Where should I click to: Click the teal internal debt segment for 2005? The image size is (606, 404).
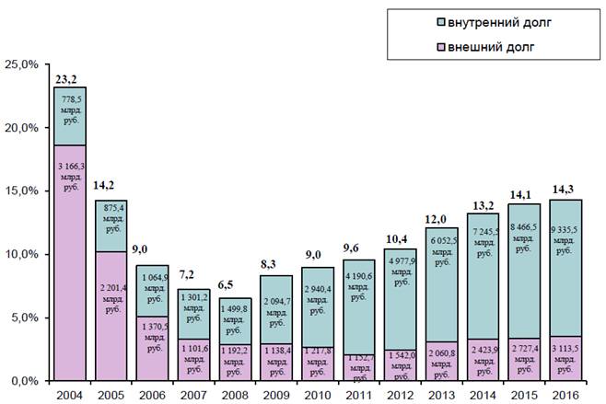[111, 225]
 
